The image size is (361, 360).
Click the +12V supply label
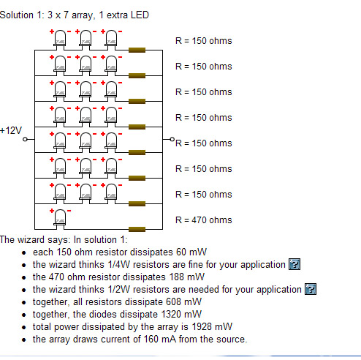pyautogui.click(x=11, y=131)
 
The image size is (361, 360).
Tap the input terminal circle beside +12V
pyautogui.click(x=25, y=139)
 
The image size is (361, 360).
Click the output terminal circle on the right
pyautogui.click(x=172, y=139)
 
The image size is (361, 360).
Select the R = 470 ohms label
pyautogui.click(x=204, y=220)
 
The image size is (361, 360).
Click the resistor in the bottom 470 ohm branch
pyautogui.click(x=137, y=229)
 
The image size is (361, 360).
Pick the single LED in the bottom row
pyautogui.click(x=60, y=219)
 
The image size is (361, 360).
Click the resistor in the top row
pyautogui.click(x=137, y=50)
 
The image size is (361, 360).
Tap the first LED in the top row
pyautogui.click(x=60, y=40)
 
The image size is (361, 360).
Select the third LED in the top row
pyautogui.click(x=111, y=40)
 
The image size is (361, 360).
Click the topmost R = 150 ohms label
pyautogui.click(x=204, y=41)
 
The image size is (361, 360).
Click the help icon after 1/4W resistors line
pyautogui.click(x=294, y=264)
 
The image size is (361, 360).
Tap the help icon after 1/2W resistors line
pyautogui.click(x=311, y=289)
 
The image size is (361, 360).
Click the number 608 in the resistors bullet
pyautogui.click(x=173, y=301)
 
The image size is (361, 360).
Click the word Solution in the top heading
pyautogui.click(x=17, y=15)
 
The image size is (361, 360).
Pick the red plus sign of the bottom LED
pyautogui.click(x=52, y=211)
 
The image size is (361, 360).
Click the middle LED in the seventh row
pyautogui.click(x=85, y=193)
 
